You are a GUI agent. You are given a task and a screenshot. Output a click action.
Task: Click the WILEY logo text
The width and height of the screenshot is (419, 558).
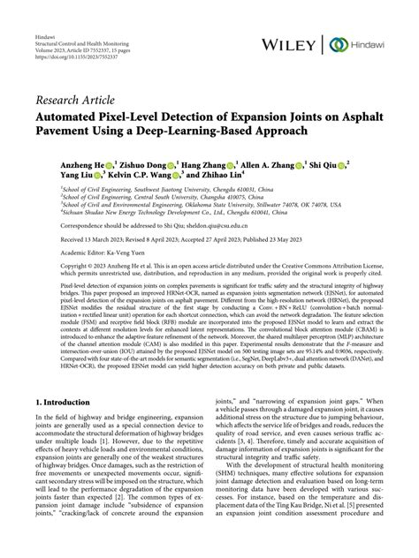click(x=289, y=42)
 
